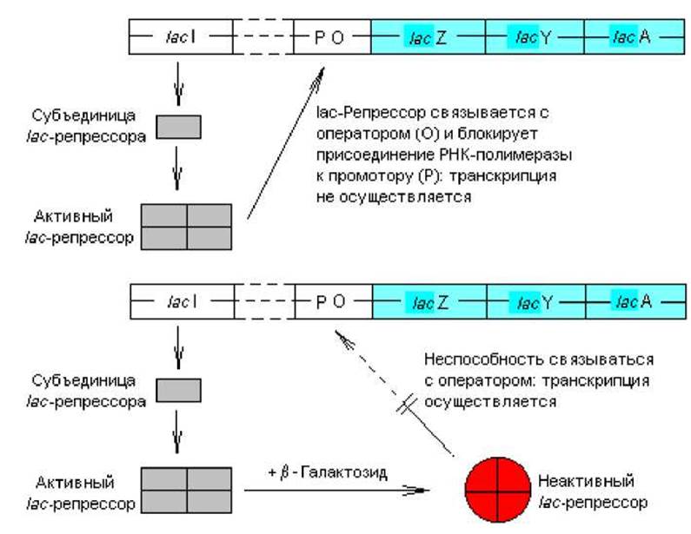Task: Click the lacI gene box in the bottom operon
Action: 181,302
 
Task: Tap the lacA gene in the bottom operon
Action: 633,302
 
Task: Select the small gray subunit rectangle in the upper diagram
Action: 178,127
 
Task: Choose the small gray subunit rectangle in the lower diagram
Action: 178,390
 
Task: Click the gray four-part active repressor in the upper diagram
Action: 186,227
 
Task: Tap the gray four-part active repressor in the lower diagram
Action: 186,491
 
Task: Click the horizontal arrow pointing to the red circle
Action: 335,491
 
